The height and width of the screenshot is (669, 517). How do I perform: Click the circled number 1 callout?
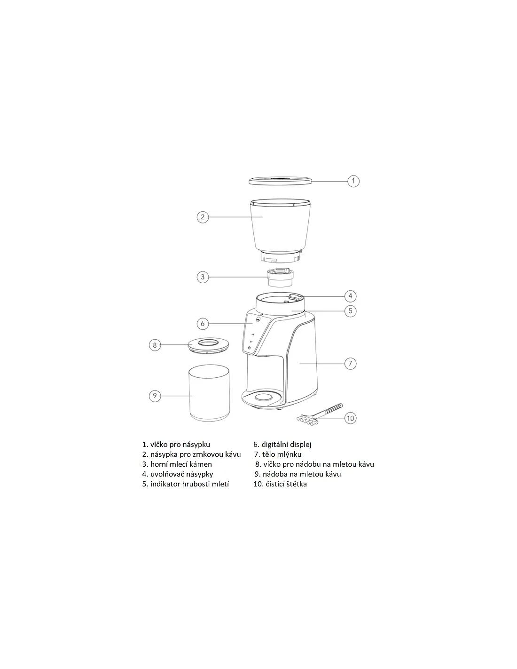click(353, 181)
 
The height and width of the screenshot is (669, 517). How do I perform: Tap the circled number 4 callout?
click(350, 296)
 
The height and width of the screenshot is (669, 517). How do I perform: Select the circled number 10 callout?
click(350, 418)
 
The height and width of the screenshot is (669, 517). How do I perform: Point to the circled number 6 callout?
click(203, 324)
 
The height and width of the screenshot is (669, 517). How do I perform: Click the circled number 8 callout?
click(155, 345)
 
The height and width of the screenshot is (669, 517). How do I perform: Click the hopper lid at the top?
click(280, 180)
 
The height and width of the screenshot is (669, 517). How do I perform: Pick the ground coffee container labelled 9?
click(209, 393)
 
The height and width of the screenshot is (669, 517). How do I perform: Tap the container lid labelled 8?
click(208, 344)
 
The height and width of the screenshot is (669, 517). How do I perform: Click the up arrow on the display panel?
click(253, 334)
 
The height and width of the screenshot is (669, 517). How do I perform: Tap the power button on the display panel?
click(249, 348)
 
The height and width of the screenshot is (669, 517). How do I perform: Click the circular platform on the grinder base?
click(264, 397)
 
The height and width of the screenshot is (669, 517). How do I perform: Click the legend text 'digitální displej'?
click(286, 445)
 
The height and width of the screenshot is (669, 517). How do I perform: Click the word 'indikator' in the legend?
click(165, 484)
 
